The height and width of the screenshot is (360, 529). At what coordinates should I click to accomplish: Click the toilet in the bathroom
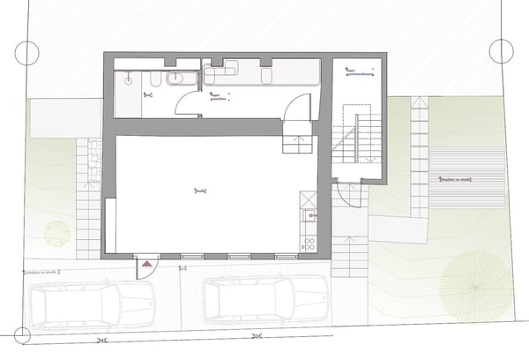154,82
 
